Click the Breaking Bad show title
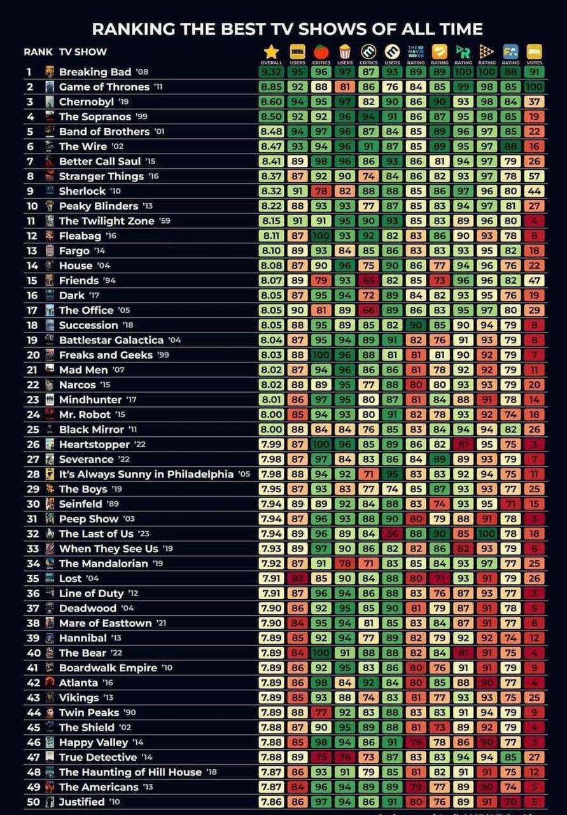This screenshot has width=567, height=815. (95, 72)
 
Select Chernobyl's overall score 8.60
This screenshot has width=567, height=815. (271, 102)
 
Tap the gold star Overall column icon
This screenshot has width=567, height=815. (272, 52)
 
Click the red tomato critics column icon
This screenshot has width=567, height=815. (321, 52)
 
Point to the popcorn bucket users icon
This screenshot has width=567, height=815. (345, 52)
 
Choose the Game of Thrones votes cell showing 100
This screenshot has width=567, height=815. (535, 87)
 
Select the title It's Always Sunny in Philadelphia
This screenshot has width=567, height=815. (146, 474)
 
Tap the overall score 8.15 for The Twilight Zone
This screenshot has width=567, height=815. (271, 221)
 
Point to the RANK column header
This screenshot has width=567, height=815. (38, 52)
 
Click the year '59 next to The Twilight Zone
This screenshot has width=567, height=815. (165, 221)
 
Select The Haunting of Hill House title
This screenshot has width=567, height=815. (130, 772)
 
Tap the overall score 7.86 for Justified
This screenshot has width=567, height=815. (271, 802)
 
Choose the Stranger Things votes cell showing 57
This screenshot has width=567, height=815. (535, 176)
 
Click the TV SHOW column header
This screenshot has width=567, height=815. (83, 52)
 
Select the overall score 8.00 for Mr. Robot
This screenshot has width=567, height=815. (271, 415)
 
